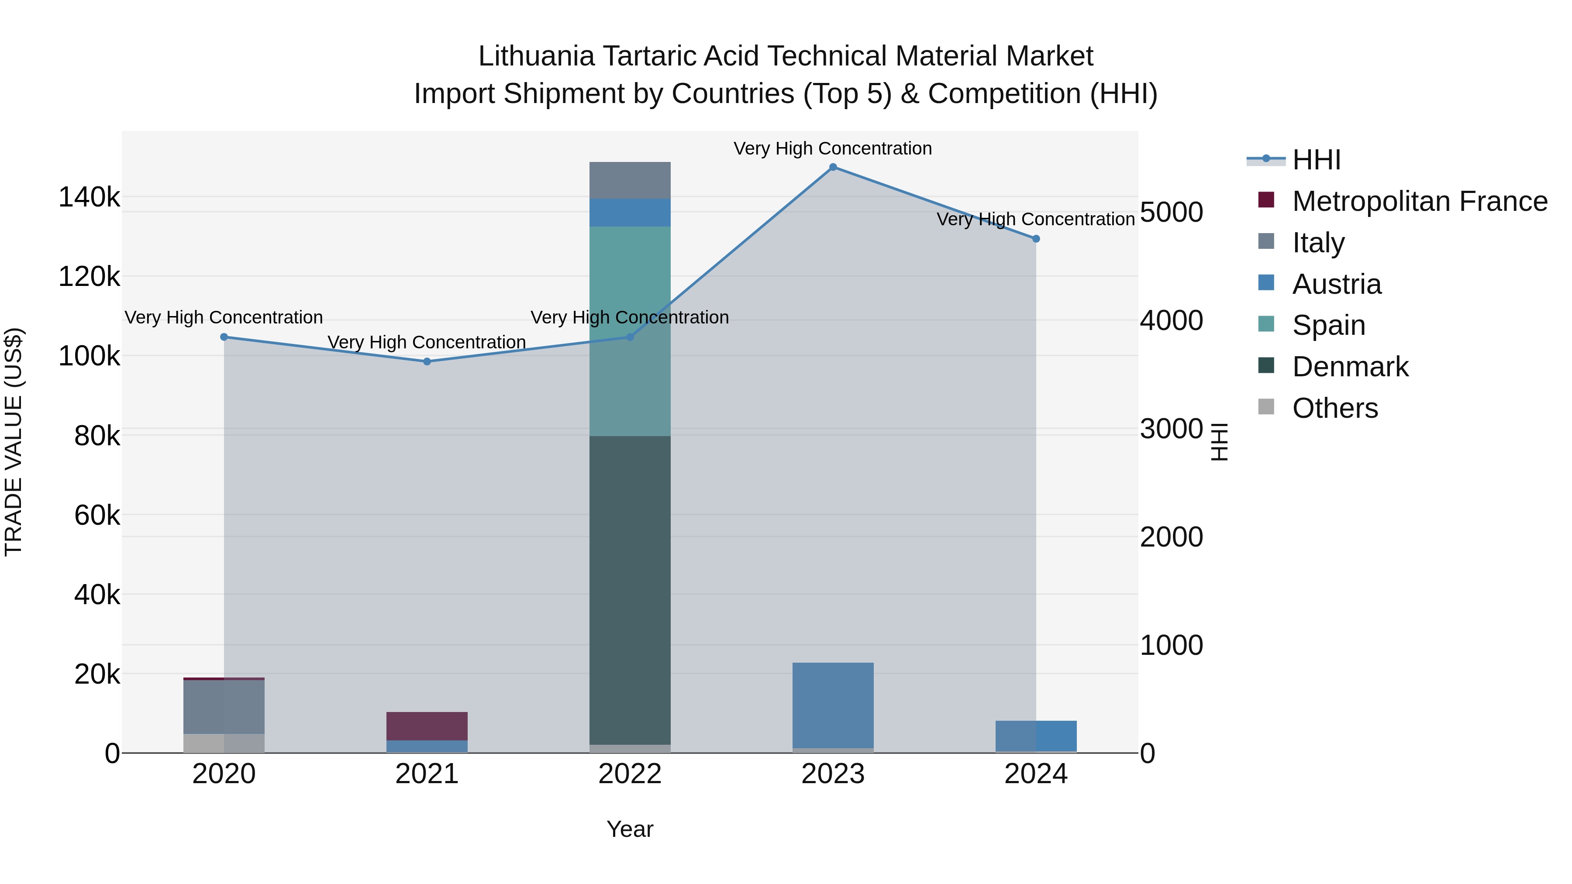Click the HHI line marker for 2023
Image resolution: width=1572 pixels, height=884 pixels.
[833, 167]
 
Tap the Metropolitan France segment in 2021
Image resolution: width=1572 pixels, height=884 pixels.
[427, 726]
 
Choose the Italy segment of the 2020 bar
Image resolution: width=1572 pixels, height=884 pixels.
[224, 706]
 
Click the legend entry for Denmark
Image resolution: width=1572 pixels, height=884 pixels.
[1349, 367]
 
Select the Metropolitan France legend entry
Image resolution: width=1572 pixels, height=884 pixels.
[1419, 201]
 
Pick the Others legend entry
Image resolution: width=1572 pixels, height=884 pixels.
[1334, 409]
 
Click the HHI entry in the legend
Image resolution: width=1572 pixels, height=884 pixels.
[1316, 160]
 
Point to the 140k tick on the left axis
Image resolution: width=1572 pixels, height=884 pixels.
[89, 198]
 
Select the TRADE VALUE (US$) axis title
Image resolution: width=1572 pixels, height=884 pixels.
[14, 442]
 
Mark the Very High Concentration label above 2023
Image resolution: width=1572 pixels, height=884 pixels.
[833, 149]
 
